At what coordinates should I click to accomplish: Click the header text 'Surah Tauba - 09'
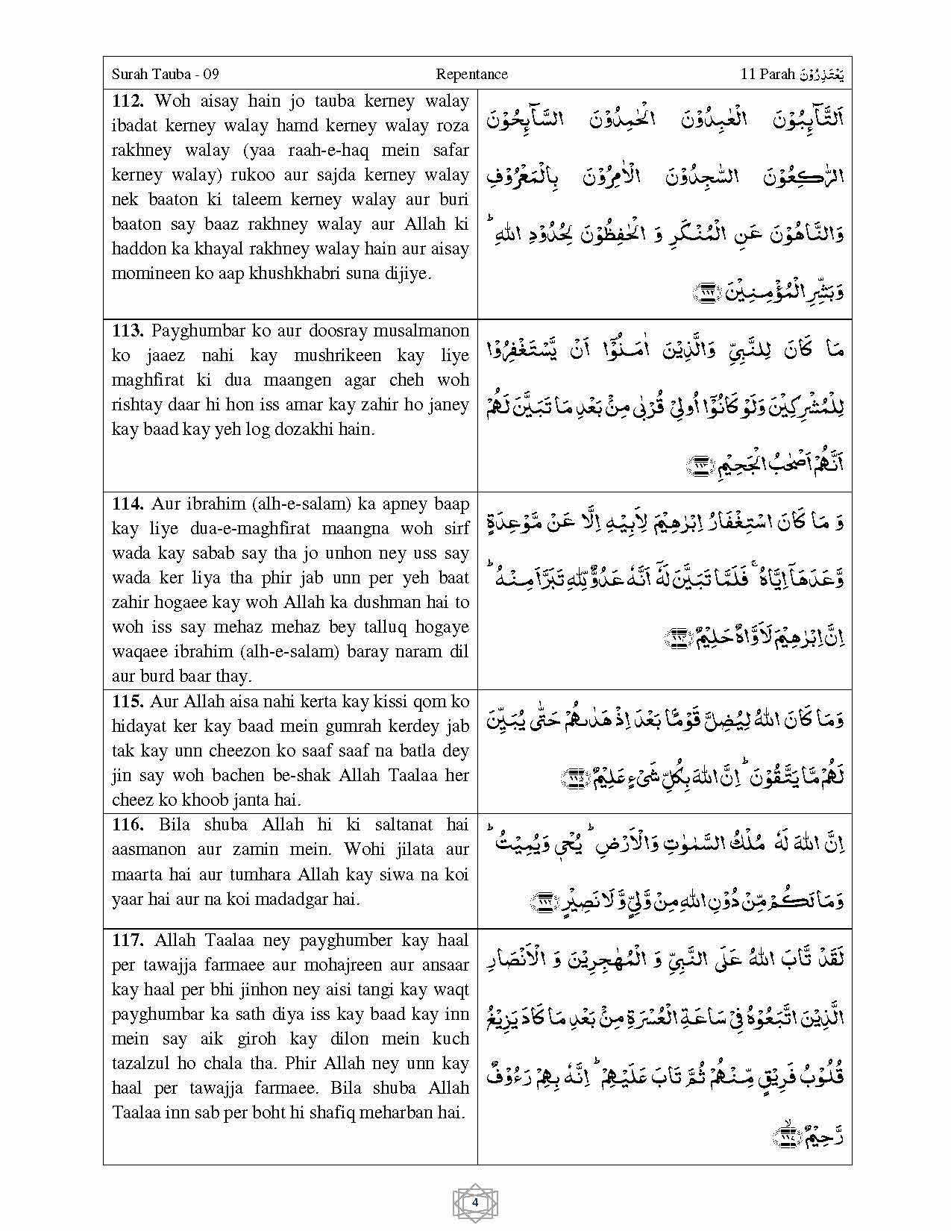click(x=165, y=74)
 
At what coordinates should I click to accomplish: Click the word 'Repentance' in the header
click(x=471, y=74)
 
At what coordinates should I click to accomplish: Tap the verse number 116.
click(x=128, y=824)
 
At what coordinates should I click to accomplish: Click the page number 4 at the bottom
click(x=475, y=1202)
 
